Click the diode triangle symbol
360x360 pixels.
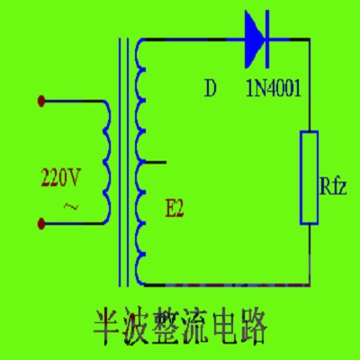pos(254,40)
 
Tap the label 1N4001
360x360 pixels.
pos(273,89)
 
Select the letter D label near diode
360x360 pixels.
pos(211,88)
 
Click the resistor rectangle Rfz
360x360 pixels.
pos(309,176)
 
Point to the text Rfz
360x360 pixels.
pos(334,186)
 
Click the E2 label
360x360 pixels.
pos(174,211)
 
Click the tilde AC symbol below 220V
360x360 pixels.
pos(69,208)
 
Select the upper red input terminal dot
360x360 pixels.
pos(41,101)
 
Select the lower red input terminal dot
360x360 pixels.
pos(41,220)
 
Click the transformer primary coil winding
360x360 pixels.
pos(105,162)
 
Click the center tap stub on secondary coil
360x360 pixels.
pos(155,163)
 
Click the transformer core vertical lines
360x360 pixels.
pos(122,162)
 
